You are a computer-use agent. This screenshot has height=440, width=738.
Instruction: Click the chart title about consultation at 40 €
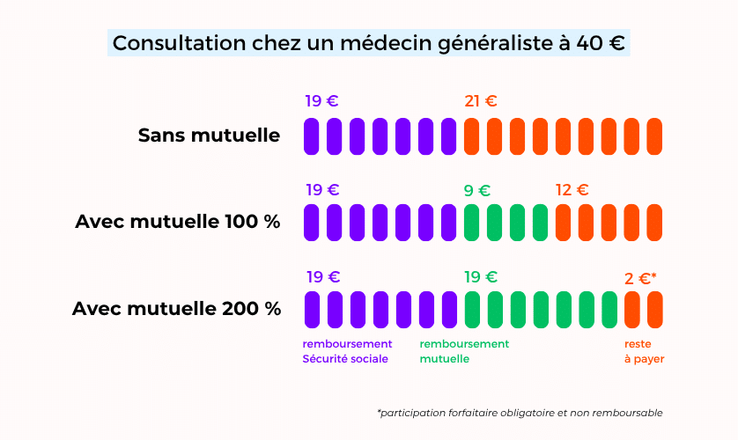point(369,43)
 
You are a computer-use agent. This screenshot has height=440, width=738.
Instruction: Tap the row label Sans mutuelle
point(209,136)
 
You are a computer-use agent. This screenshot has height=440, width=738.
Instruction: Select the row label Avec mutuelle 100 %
point(178,222)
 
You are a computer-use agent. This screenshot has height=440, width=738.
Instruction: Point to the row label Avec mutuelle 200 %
point(176,309)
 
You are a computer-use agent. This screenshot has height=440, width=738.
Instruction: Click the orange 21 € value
point(480,101)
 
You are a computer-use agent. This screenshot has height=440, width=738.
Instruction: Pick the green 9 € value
point(476,190)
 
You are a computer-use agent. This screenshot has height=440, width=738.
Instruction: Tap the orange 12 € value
point(572,190)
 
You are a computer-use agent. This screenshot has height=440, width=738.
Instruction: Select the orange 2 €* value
point(640,278)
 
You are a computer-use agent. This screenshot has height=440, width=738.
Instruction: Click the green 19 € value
point(481,277)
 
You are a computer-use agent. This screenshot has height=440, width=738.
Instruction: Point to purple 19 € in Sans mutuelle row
point(321,101)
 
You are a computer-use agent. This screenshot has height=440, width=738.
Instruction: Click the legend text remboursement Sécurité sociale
point(347,351)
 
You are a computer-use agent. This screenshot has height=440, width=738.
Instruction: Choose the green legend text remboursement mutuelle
point(464,351)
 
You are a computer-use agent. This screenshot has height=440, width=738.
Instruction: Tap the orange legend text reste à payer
point(644,351)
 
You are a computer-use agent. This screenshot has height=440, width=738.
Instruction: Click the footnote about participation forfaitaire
point(519,413)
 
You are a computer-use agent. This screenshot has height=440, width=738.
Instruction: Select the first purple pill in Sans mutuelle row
point(311,136)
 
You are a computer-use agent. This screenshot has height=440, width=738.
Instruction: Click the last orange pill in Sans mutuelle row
point(654,136)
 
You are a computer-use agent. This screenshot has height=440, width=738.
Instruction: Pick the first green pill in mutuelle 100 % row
point(471,223)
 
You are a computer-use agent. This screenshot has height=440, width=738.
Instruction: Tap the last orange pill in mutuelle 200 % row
point(654,309)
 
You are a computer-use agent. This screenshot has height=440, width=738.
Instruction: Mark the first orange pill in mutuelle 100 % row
point(563,223)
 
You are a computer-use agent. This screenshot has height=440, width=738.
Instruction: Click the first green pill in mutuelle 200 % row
point(471,309)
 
